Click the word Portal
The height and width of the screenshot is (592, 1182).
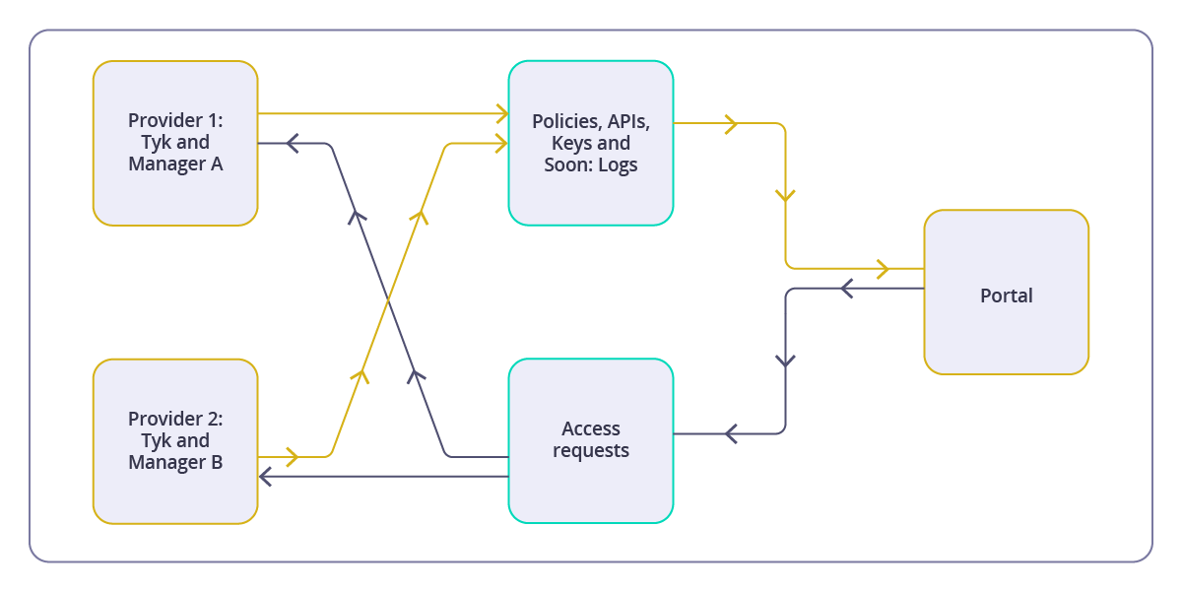coord(1006,296)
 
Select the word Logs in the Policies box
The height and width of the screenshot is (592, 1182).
coord(618,164)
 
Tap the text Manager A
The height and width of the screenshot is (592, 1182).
coord(175,164)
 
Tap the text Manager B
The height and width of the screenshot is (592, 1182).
coord(175,462)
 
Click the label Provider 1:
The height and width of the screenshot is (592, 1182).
coord(175,120)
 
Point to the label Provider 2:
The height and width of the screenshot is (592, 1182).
coord(175,419)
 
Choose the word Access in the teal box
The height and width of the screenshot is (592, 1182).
coord(591,428)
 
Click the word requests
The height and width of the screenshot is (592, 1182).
coord(591,451)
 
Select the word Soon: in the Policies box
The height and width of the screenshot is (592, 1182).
coord(568,164)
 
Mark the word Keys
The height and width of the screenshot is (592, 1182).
coord(572,143)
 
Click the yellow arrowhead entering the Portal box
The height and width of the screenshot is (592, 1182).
coord(884,268)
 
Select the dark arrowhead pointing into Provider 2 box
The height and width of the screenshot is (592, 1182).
coord(265,477)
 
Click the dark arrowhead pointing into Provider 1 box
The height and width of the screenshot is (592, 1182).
coord(292,144)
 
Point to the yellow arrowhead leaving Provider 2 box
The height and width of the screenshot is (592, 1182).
coord(292,456)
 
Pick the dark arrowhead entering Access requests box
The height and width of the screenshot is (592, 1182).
coord(731,433)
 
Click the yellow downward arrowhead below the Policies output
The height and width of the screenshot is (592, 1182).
coord(785,196)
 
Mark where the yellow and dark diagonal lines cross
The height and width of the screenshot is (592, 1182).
coord(388,299)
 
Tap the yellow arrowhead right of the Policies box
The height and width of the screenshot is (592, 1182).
coord(731,123)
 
